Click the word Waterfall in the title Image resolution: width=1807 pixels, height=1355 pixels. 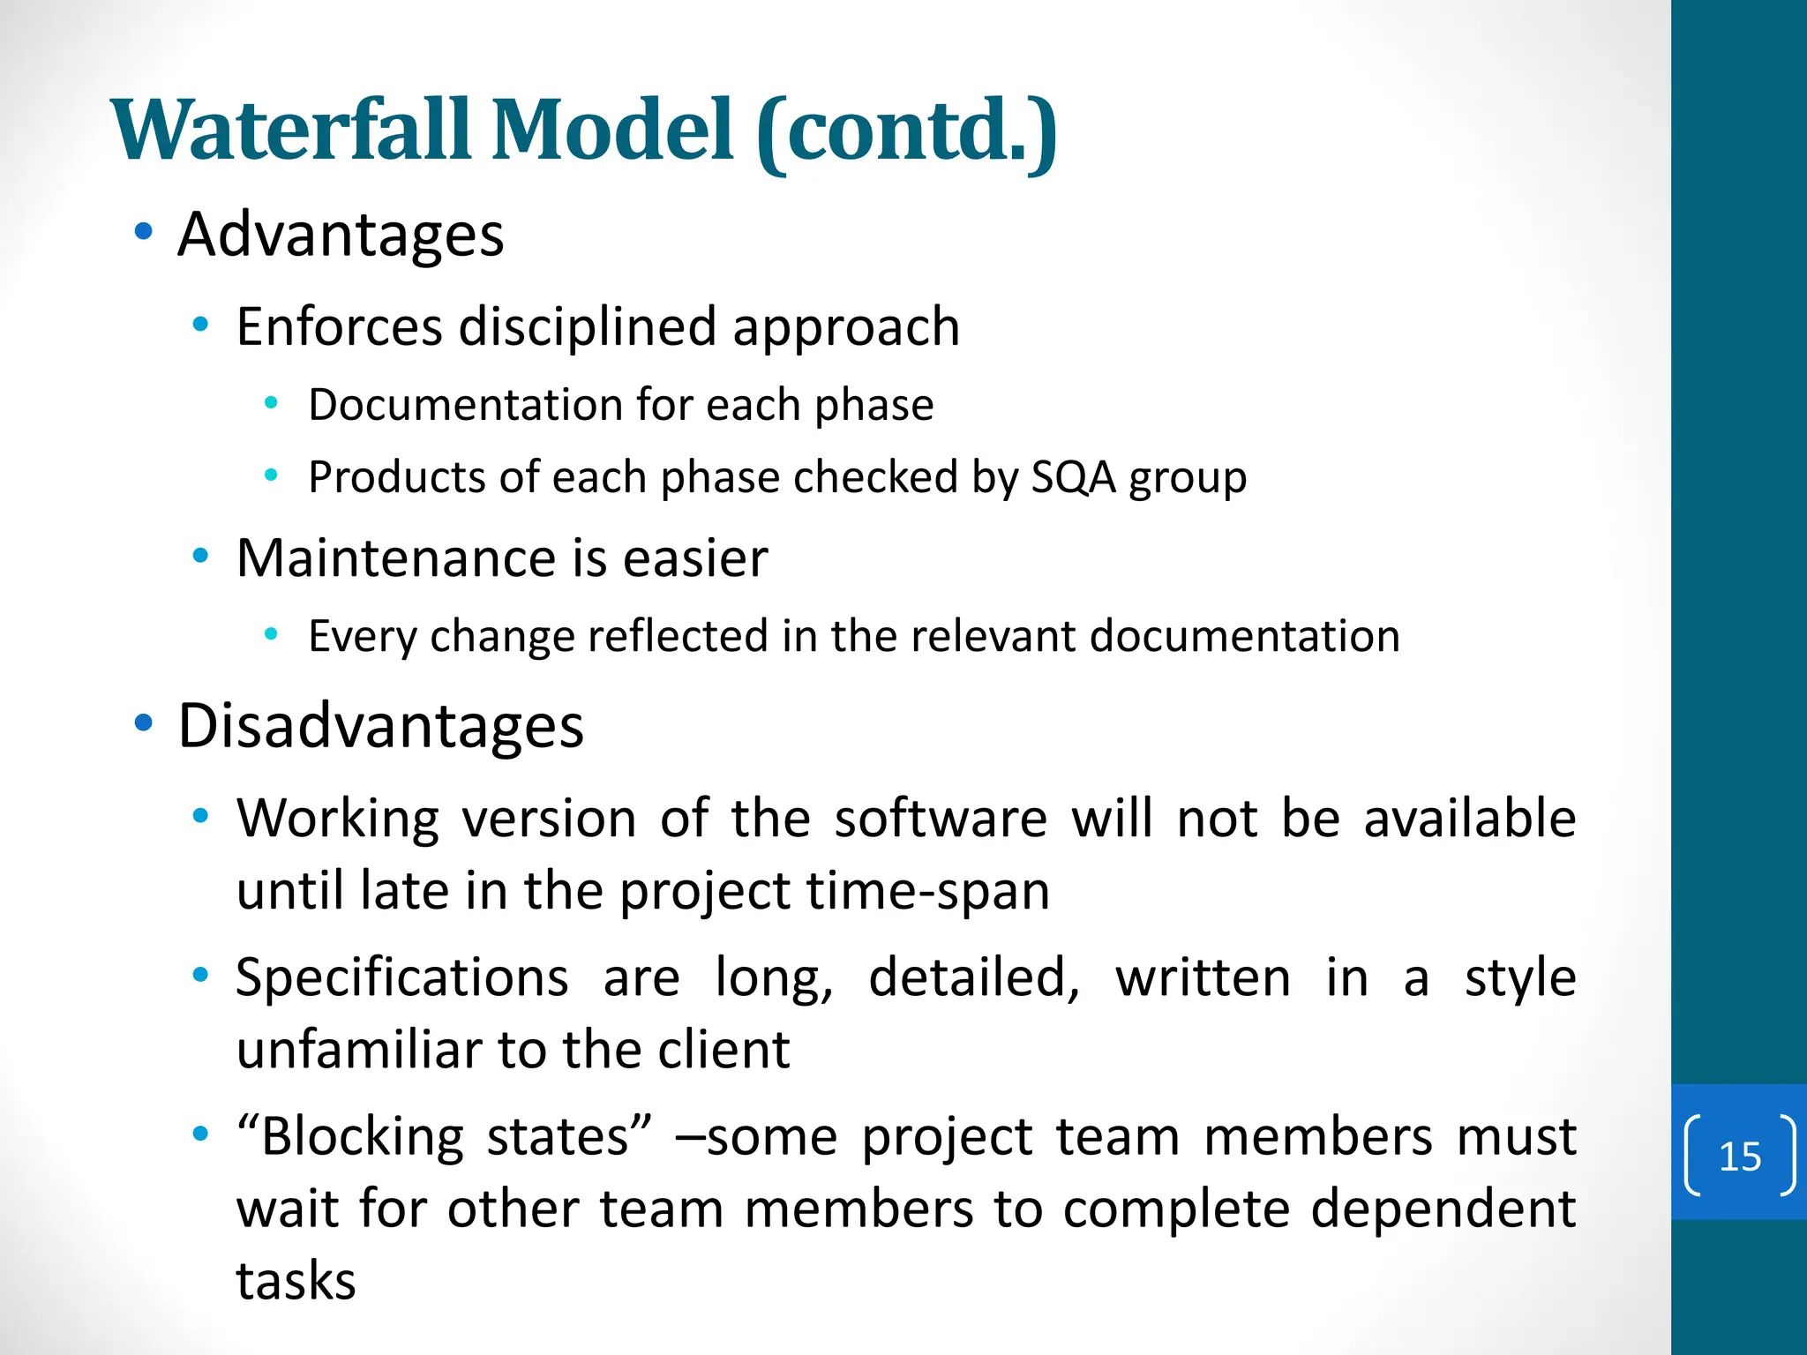pos(291,131)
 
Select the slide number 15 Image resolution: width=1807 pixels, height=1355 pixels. pos(1740,1157)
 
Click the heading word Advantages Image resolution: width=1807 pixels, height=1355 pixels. pos(341,236)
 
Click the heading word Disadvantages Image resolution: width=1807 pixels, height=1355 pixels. pos(380,727)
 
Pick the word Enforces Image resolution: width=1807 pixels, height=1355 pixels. pos(339,327)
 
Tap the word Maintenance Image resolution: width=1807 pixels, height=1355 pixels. pos(396,559)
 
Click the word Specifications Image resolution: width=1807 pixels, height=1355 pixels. pos(402,979)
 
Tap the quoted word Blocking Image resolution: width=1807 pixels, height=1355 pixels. pos(362,1137)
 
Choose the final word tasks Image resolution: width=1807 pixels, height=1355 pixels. pos(296,1282)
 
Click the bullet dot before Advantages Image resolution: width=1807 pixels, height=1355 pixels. pos(143,232)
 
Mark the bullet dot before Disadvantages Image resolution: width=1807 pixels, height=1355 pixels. pos(143,724)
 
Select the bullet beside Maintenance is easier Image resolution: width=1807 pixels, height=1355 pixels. pos(200,556)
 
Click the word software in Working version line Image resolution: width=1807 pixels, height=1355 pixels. pos(941,819)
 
